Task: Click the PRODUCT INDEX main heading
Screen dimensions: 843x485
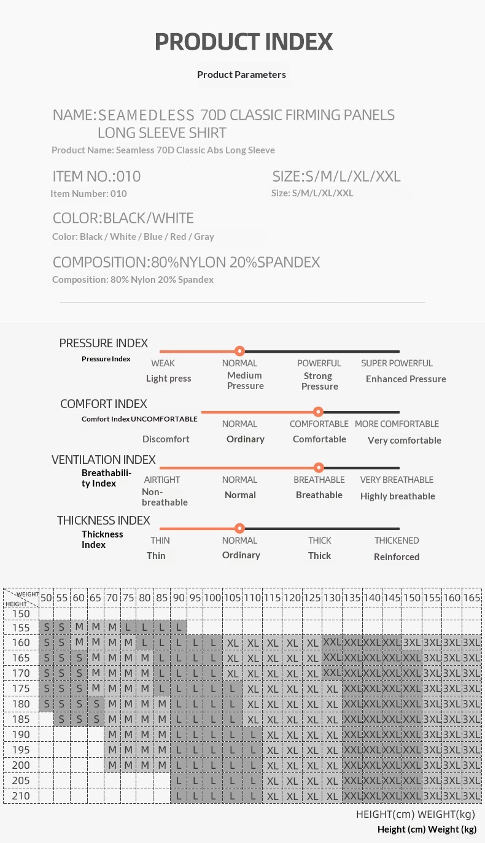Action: coord(244,42)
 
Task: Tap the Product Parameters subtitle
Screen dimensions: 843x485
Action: coord(241,74)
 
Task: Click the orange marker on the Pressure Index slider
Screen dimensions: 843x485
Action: coord(240,351)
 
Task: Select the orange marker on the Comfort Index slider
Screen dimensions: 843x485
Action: coord(318,412)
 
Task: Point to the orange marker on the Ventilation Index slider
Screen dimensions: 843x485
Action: coord(318,468)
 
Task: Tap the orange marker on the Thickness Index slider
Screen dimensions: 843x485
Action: coord(240,528)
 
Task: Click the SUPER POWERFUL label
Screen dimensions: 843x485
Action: coord(397,363)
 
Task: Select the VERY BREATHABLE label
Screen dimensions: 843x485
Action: coord(397,480)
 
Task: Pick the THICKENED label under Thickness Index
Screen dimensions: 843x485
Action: coord(397,541)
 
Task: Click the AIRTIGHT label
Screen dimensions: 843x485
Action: coord(162,480)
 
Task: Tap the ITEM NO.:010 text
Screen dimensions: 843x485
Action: coord(96,177)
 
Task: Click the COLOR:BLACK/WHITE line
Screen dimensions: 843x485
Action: coord(123,218)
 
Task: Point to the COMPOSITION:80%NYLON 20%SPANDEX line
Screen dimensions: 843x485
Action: coord(186,263)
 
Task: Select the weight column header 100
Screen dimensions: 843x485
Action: coord(212,598)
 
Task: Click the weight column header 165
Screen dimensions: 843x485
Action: coord(471,598)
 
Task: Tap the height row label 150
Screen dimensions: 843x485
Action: coord(21,614)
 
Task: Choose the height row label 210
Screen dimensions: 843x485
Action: coord(21,796)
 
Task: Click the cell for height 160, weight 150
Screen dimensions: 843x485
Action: coord(412,642)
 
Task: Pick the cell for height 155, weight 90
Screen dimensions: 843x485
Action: coord(178,628)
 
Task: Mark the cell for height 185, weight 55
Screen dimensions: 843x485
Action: coord(61,719)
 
